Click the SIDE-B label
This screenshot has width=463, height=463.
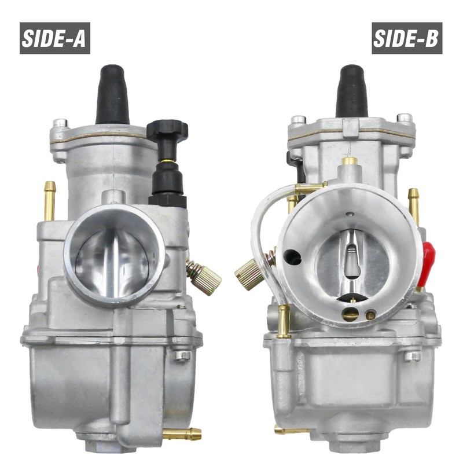click(x=407, y=38)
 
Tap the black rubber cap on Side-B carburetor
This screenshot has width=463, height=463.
click(x=351, y=91)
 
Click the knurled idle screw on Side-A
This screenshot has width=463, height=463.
click(x=205, y=277)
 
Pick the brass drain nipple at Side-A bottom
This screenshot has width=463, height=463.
click(x=184, y=433)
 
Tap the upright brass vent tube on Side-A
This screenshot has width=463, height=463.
click(x=50, y=200)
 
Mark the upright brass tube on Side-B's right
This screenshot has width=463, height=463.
click(x=414, y=205)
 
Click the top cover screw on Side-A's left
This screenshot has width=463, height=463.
click(x=60, y=123)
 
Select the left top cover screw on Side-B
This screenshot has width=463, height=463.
click(x=298, y=120)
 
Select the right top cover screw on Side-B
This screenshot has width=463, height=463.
click(x=405, y=118)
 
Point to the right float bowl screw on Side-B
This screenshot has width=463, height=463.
click(x=413, y=355)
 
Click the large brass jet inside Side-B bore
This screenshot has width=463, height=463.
click(x=350, y=314)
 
